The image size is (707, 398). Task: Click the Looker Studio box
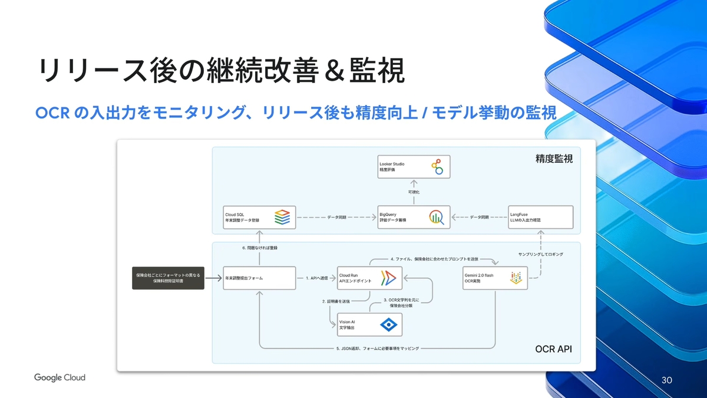coord(414,167)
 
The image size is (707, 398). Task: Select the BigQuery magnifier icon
coord(437,217)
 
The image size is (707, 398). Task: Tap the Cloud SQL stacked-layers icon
coord(282,217)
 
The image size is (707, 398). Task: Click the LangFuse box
coord(541,217)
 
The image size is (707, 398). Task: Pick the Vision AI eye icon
coord(388,324)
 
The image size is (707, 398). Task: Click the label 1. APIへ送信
coord(316,277)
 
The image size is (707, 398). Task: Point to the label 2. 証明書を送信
coord(336,301)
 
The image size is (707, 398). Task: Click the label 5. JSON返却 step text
coord(378,348)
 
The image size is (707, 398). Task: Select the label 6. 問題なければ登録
coord(259,248)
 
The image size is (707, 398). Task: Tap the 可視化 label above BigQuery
coord(414,192)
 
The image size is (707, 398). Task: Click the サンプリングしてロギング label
coord(541,254)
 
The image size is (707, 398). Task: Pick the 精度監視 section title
coord(554,159)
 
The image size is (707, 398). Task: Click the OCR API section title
coord(553,350)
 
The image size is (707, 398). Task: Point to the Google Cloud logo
coord(60,377)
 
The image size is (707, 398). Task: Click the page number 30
coord(666,379)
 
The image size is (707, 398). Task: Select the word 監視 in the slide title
coord(379,71)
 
